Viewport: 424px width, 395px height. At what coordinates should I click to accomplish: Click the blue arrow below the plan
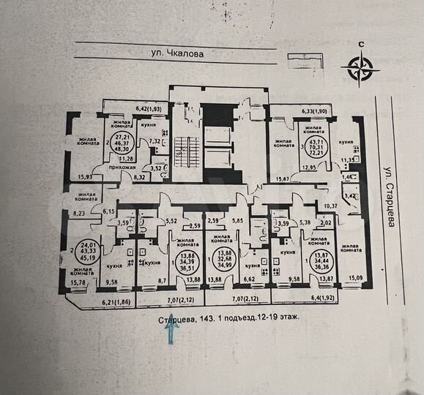pyautogui.click(x=171, y=332)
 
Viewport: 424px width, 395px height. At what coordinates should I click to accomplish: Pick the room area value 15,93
pyautogui.click(x=83, y=176)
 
